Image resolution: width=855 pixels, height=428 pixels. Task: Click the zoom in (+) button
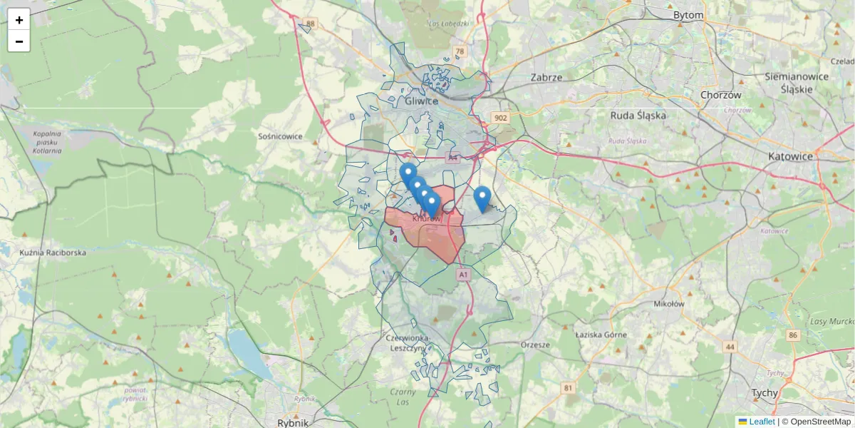coord(19,20)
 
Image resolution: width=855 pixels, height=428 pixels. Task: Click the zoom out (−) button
coord(19,41)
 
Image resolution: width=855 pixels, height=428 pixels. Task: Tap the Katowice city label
coord(790,156)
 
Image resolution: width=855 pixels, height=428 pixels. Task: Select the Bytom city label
coord(688,15)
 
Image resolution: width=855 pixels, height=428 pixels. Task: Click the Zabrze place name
coord(546,77)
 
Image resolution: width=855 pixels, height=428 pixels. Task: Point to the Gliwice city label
coord(421,101)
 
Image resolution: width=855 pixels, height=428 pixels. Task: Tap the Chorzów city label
coord(721,95)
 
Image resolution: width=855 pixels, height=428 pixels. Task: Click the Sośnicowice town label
coord(281,136)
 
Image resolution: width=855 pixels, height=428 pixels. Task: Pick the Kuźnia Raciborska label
coord(53,253)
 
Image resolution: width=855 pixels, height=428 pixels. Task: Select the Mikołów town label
coord(668,303)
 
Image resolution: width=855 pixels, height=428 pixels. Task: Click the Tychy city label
coord(765,393)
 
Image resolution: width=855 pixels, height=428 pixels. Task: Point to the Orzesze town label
coord(536,345)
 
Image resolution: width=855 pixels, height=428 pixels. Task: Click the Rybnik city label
coord(293,422)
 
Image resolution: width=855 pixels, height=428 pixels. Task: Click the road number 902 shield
coord(501,118)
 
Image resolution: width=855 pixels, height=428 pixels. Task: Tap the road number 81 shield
coord(567,388)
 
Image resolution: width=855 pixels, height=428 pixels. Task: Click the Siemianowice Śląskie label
coord(796,83)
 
